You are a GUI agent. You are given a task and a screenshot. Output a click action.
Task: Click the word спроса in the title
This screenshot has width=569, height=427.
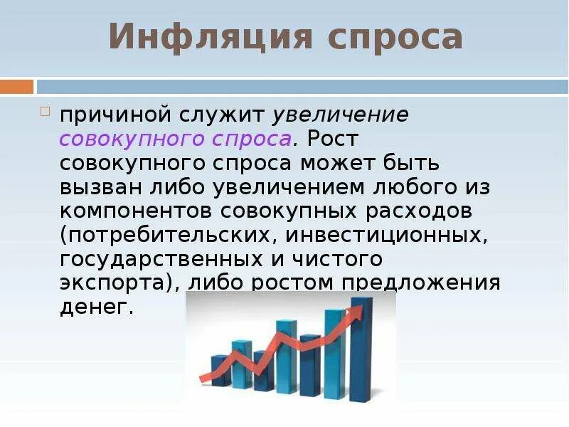pyautogui.click(x=395, y=38)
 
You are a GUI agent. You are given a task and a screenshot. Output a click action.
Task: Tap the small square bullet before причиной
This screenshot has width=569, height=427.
pyautogui.click(x=45, y=112)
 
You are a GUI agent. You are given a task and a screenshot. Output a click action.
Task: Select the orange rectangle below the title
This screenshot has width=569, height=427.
pyautogui.click(x=16, y=87)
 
